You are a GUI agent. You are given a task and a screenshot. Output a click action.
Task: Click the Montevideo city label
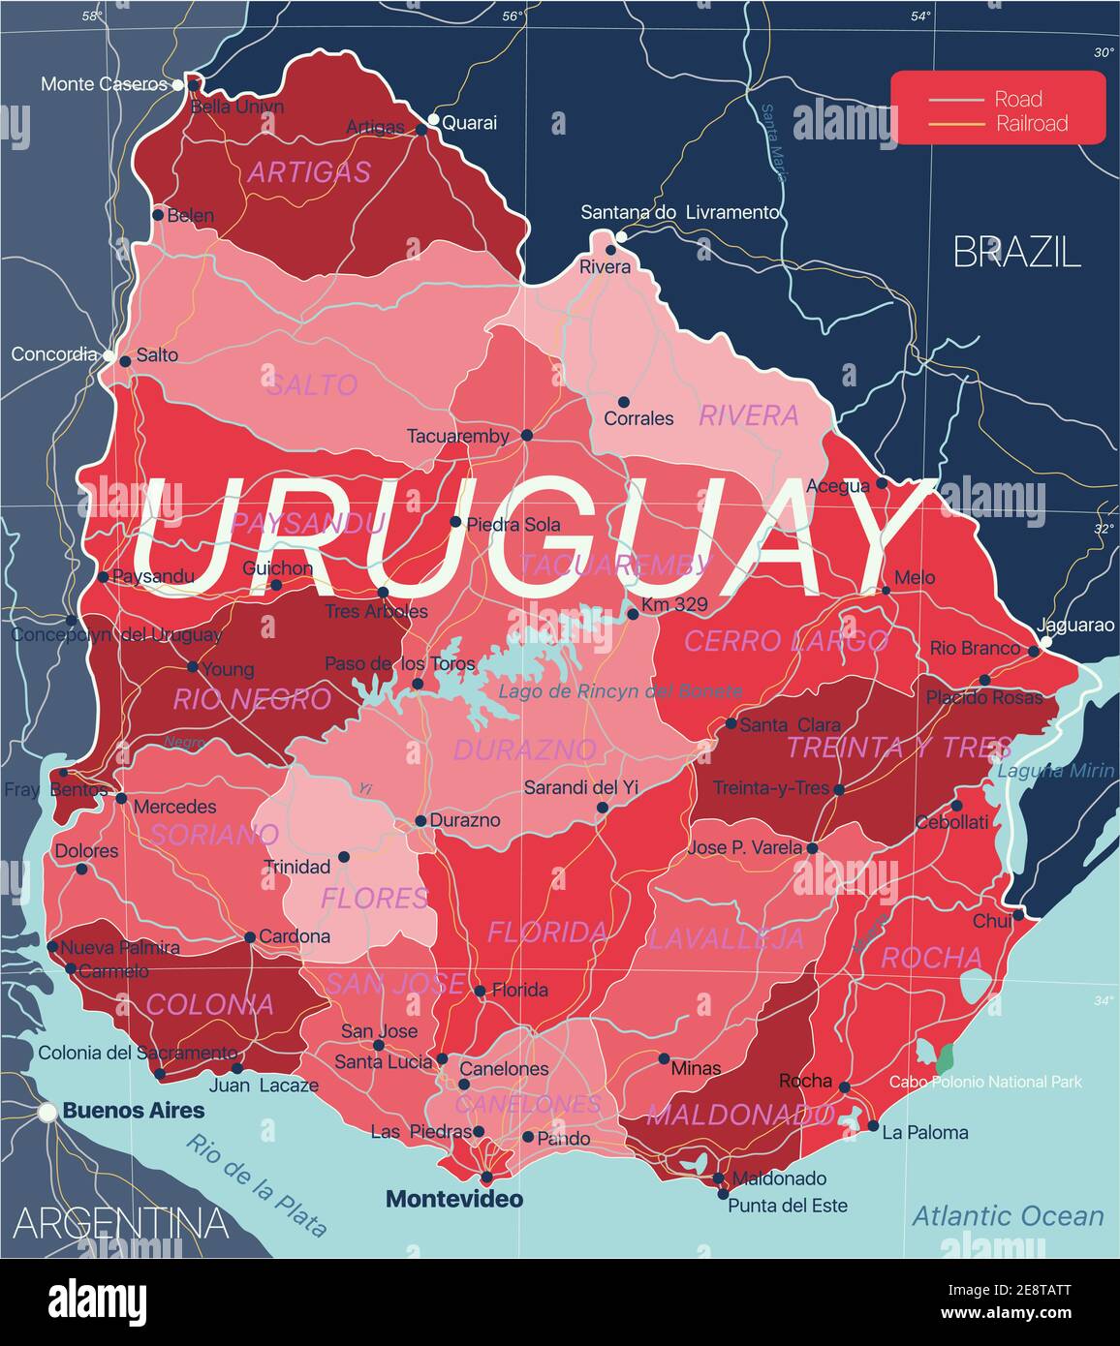pyautogui.click(x=454, y=1199)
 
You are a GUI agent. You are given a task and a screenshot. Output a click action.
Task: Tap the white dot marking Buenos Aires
pyautogui.click(x=47, y=1114)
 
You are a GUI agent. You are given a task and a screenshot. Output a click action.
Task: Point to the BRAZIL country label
pyautogui.click(x=1016, y=252)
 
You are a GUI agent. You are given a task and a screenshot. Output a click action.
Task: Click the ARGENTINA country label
pyautogui.click(x=121, y=1223)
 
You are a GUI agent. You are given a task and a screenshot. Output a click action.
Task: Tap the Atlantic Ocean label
pyautogui.click(x=1008, y=1216)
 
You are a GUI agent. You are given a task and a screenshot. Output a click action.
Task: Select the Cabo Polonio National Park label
pyautogui.click(x=985, y=1082)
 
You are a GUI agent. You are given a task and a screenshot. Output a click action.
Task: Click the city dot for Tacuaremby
pyautogui.click(x=526, y=436)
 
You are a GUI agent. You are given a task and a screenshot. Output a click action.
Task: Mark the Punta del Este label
pyautogui.click(x=787, y=1206)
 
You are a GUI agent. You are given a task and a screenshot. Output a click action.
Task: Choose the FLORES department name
pyautogui.click(x=375, y=898)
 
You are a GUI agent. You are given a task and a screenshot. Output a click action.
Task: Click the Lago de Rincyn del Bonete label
pyautogui.click(x=620, y=691)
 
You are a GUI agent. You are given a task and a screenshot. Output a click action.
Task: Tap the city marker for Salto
pyautogui.click(x=125, y=361)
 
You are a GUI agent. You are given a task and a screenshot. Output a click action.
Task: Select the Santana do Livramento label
pyautogui.click(x=679, y=212)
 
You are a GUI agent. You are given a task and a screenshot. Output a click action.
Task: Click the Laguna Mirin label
pyautogui.click(x=1056, y=771)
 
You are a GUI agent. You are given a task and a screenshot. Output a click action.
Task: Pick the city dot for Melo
pyautogui.click(x=885, y=590)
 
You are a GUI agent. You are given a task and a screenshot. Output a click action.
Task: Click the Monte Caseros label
pyautogui.click(x=104, y=84)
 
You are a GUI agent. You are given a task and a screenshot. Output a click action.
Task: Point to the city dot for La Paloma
pyautogui.click(x=873, y=1126)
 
